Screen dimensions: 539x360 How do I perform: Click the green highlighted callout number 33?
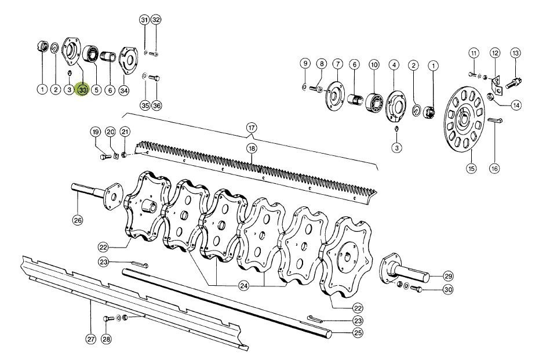83,90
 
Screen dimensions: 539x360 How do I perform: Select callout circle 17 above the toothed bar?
252,128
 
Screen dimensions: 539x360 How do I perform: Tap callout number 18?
252,148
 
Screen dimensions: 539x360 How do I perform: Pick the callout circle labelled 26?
78,220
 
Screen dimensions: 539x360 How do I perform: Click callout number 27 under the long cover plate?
90,339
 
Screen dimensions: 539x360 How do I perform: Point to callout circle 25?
358,333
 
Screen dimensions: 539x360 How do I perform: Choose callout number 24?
244,285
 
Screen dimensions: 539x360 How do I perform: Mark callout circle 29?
448,276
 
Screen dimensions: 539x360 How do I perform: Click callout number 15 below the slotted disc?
471,168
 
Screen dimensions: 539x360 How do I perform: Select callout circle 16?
494,168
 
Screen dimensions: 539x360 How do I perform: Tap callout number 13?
516,53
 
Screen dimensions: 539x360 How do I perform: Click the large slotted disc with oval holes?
465,118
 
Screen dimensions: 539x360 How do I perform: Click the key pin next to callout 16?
496,120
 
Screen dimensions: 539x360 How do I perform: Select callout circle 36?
156,105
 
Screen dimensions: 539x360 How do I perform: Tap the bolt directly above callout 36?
155,78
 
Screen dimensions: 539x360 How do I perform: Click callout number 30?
448,290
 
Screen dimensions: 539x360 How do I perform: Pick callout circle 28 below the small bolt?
106,339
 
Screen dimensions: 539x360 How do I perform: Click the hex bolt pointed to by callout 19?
104,157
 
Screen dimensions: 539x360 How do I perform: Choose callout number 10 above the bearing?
374,64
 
